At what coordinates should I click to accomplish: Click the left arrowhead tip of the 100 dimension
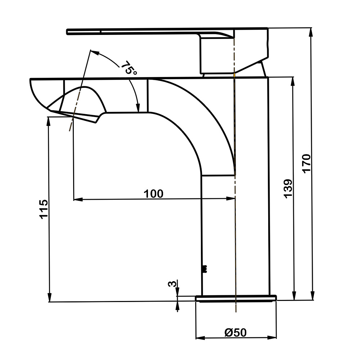click(x=74, y=199)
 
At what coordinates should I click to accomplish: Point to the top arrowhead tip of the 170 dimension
click(x=311, y=28)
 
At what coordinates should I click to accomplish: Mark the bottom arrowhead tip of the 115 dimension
click(x=49, y=301)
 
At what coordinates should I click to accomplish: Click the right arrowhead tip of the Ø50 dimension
click(x=276, y=338)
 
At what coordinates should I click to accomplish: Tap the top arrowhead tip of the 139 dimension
click(x=293, y=77)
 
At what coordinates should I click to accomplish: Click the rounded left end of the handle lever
click(x=67, y=32)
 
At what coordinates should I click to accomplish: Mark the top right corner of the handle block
click(x=268, y=28)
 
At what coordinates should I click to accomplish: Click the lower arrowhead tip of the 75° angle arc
click(x=138, y=112)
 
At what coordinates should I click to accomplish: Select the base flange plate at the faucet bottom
click(x=236, y=298)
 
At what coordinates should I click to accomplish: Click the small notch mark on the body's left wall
click(x=204, y=269)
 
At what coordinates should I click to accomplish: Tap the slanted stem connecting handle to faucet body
click(x=262, y=69)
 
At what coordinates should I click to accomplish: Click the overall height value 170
click(x=306, y=164)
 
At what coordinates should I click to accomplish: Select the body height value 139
click(x=288, y=189)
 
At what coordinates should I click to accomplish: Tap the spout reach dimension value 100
click(x=153, y=194)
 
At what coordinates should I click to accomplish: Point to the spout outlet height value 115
click(x=44, y=209)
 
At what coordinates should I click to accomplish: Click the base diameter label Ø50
click(x=235, y=332)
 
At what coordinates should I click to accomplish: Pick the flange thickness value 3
click(x=173, y=284)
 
